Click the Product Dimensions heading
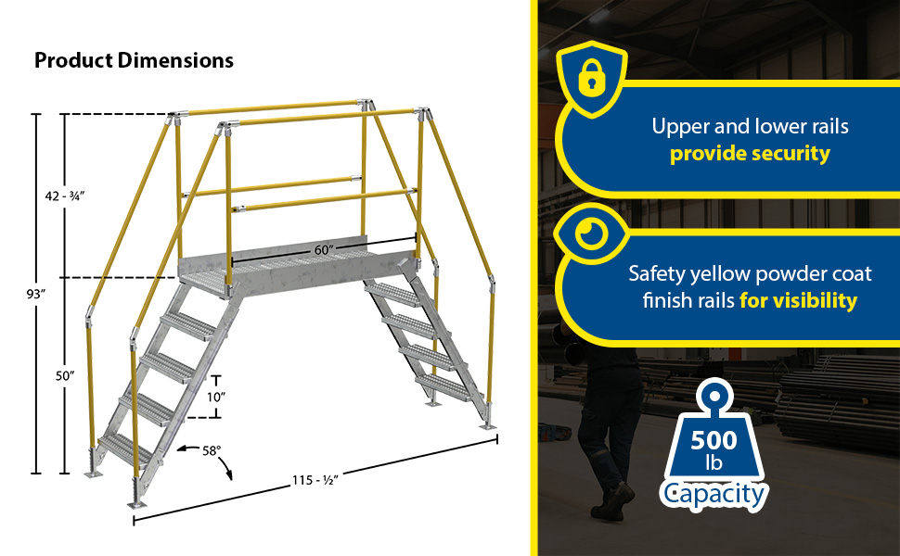pos(134,60)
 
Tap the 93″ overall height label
pos(35,294)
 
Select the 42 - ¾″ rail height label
pos(65,196)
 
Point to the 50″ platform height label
pos(65,376)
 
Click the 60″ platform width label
pos(324,250)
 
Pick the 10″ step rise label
pos(216,397)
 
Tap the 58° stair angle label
pos(212,451)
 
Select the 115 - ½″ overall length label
pos(315,480)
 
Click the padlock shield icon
pos(592,79)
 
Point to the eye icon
pos(592,234)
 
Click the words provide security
pos(750,154)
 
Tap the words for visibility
pos(799,300)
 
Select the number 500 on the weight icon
pos(714,440)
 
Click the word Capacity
pos(714,494)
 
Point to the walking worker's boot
pos(613,502)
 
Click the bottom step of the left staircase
pos(124,449)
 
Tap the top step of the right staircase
pos(393,293)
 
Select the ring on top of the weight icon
pos(714,397)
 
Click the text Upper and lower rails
pos(750,126)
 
